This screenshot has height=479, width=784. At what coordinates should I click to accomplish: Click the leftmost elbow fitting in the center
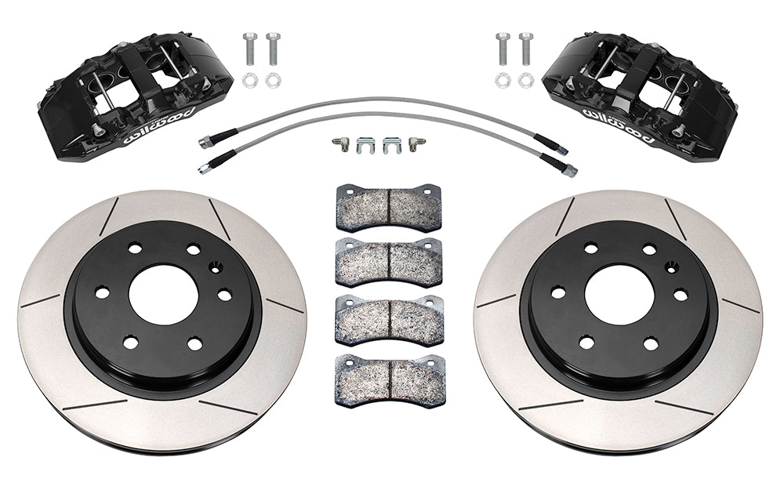click(339, 143)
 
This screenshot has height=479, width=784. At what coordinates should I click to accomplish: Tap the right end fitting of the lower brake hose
click(567, 167)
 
